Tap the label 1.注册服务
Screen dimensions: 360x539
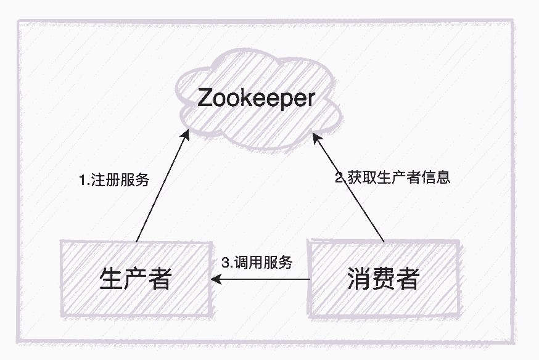[115, 181]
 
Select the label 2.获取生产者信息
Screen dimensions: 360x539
[393, 178]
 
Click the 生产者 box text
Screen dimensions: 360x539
[135, 280]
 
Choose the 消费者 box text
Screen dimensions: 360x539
[382, 280]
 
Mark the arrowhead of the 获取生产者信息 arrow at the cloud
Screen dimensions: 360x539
[315, 137]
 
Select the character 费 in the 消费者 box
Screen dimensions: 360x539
[382, 280]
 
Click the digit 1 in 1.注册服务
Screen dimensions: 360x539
[83, 181]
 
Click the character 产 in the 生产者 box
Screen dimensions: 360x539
[135, 280]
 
